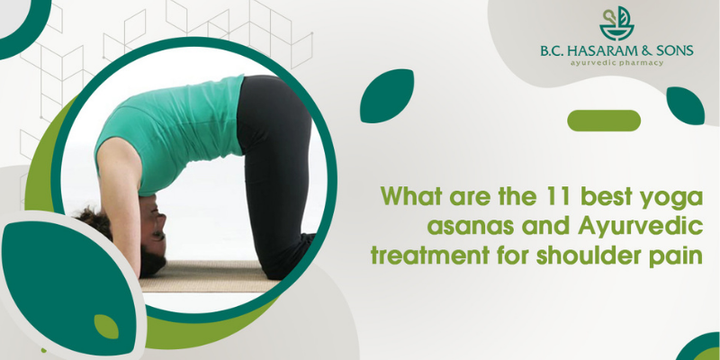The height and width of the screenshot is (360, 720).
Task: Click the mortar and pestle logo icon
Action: [616, 24]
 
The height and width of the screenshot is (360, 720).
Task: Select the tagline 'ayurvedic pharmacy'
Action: [616, 62]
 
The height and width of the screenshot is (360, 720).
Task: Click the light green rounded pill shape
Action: [604, 121]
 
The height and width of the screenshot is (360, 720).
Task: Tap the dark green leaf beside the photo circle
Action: [387, 96]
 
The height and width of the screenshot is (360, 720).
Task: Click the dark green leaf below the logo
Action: [685, 105]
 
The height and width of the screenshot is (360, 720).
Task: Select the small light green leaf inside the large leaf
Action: [106, 327]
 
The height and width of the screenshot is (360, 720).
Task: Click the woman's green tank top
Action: [170, 133]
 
